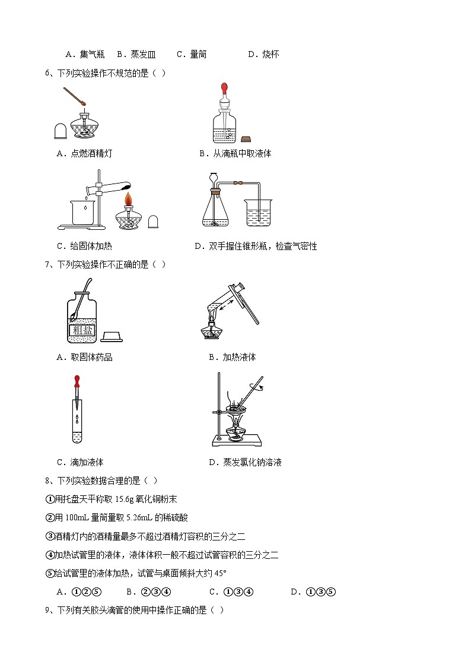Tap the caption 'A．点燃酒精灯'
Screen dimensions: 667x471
[84, 153]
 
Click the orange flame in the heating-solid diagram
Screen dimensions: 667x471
[128, 196]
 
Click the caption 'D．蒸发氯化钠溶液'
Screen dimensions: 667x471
[245, 462]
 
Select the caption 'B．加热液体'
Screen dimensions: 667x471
[233, 357]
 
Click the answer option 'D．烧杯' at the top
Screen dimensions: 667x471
[263, 54]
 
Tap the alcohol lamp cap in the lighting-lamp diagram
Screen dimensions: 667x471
[60, 131]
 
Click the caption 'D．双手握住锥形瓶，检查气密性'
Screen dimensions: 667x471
[256, 246]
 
